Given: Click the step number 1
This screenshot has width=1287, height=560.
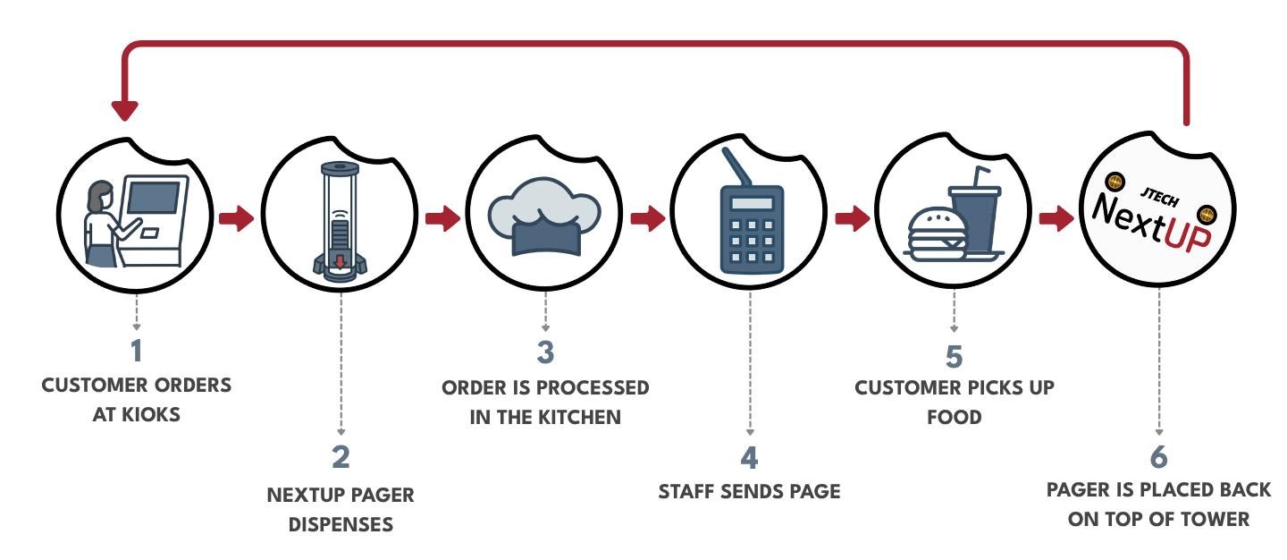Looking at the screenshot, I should (136, 352).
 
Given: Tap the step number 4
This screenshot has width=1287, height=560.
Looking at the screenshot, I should (749, 458).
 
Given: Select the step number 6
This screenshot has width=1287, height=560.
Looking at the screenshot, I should (1158, 457).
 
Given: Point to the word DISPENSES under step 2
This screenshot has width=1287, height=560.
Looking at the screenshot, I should (341, 524).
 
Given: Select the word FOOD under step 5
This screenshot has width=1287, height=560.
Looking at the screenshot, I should (954, 418).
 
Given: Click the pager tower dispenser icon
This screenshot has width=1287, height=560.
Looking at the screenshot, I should (341, 221).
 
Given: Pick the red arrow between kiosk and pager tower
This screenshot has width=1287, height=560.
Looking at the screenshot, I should (236, 218).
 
